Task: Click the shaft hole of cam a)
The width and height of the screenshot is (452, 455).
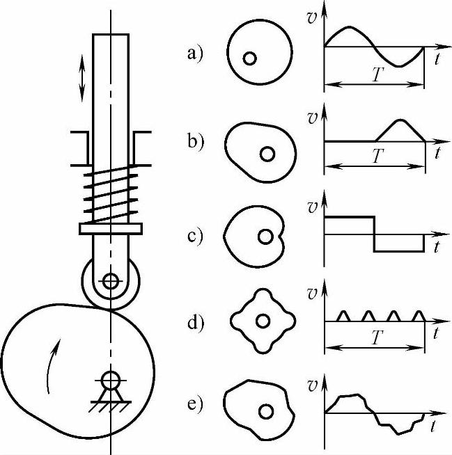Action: pos(249,59)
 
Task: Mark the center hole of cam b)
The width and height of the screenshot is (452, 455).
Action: pos(267,153)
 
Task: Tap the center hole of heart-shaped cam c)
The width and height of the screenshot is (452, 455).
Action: pos(265,237)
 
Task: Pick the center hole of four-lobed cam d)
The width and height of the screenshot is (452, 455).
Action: pos(263,321)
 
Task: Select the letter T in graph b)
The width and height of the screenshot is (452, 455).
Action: pos(377,156)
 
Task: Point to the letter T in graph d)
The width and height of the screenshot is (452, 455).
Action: pos(377,339)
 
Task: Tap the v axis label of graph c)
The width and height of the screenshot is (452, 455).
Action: pos(313,207)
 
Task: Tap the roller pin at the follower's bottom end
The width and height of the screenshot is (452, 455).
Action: pos(110,282)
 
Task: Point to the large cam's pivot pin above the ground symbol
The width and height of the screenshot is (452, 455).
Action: pos(110,379)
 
